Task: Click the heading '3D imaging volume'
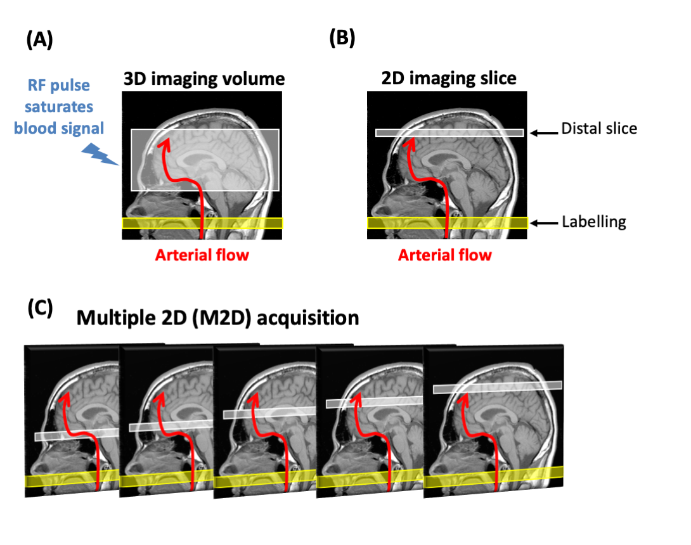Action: (x=203, y=79)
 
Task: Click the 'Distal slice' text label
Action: (x=598, y=129)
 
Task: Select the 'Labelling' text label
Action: (x=594, y=222)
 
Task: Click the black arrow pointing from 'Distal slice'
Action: (x=543, y=132)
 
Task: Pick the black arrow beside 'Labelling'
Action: (x=543, y=223)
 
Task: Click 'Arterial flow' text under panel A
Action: (x=202, y=255)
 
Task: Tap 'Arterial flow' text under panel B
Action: (x=445, y=255)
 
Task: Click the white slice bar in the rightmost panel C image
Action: (x=498, y=387)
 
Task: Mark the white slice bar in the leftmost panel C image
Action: (x=76, y=435)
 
